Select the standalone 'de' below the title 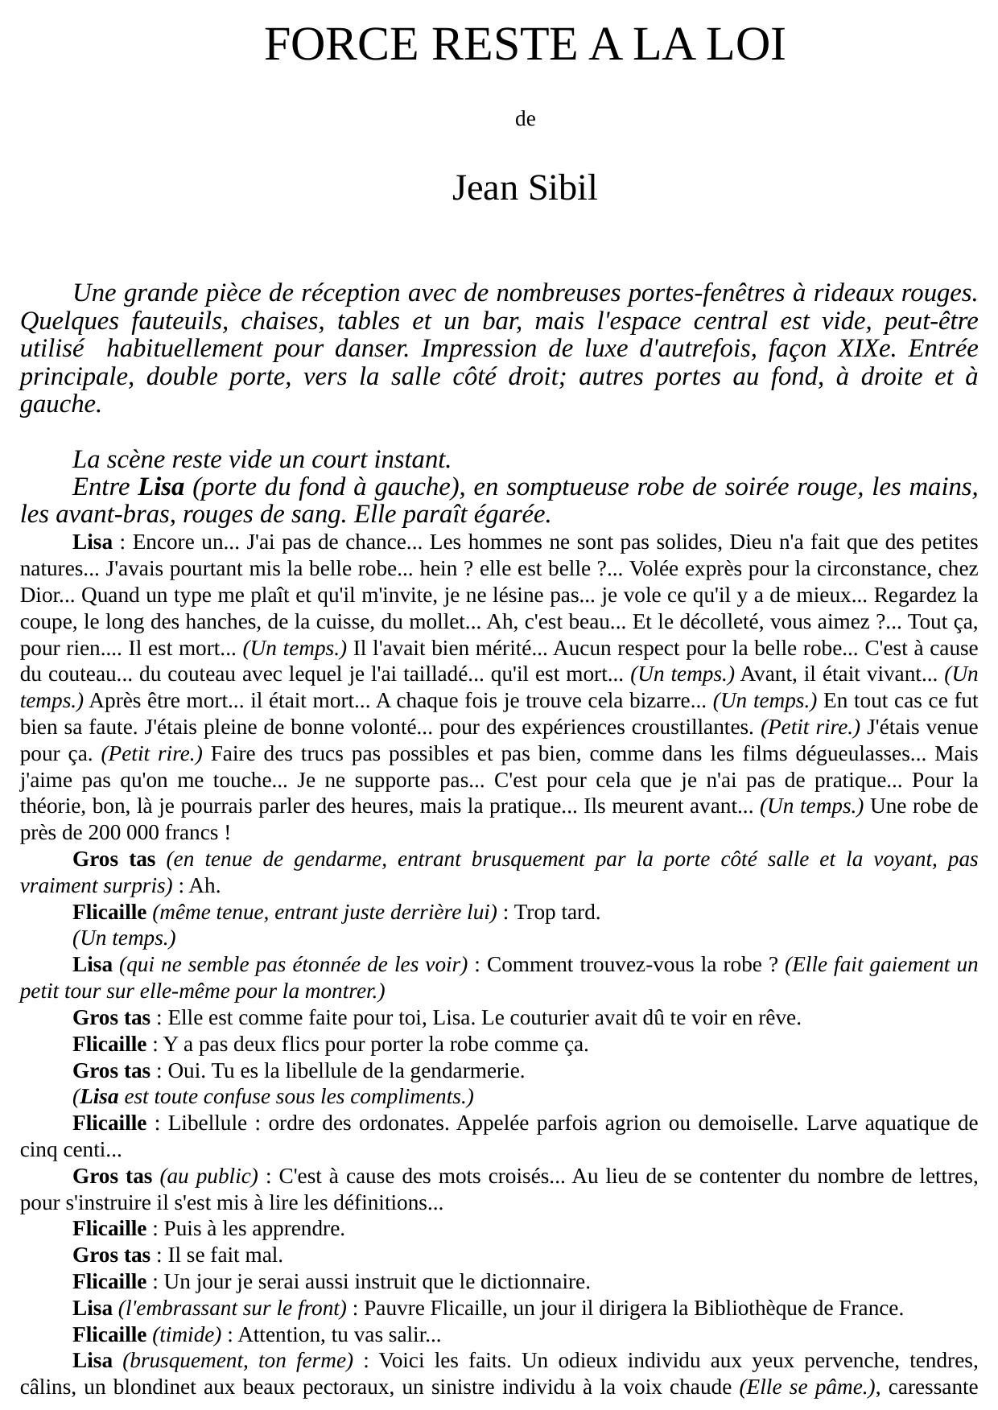[x=525, y=119]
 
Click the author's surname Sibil [x=562, y=188]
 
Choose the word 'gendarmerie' [x=467, y=1071]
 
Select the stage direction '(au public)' [x=209, y=1177]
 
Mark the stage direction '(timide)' [x=187, y=1335]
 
